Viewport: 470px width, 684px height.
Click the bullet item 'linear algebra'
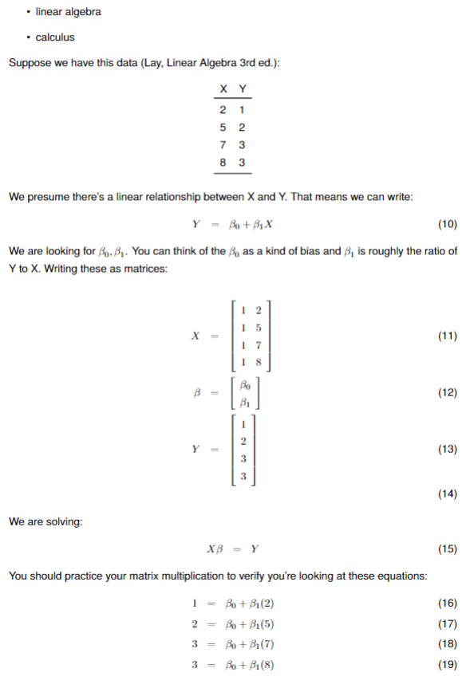coord(68,13)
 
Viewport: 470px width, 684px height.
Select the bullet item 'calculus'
coord(55,37)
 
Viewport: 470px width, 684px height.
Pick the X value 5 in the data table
coord(222,127)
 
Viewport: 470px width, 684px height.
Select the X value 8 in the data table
coord(222,162)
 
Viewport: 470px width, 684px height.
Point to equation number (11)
coord(448,336)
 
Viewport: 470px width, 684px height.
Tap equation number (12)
coord(448,393)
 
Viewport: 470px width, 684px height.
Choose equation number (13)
coord(448,450)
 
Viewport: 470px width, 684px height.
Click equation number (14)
coord(448,493)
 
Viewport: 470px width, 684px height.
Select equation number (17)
coord(448,623)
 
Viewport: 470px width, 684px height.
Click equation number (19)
coord(448,666)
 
